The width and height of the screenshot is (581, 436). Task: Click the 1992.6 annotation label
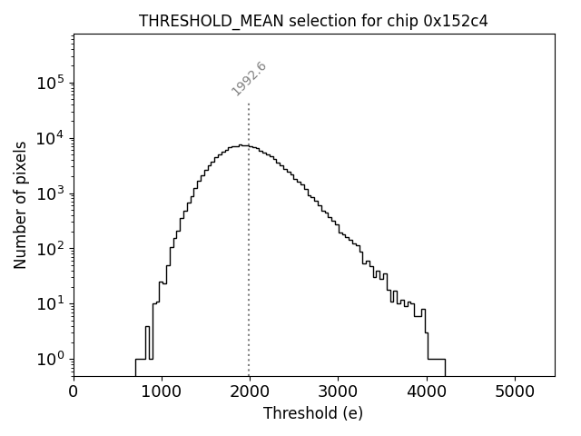click(x=249, y=78)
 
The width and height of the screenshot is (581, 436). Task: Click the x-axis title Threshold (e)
click(x=313, y=413)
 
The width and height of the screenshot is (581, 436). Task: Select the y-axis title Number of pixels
click(x=20, y=205)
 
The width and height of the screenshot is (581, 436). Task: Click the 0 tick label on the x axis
click(x=74, y=391)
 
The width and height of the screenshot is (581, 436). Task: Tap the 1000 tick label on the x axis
click(x=162, y=391)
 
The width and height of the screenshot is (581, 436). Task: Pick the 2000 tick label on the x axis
click(x=250, y=391)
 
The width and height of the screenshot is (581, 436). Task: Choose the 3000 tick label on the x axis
click(x=338, y=391)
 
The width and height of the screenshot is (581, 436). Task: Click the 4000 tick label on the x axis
click(x=427, y=391)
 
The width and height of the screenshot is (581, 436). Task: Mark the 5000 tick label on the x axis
click(x=515, y=391)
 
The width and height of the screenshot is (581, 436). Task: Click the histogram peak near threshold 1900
click(x=241, y=145)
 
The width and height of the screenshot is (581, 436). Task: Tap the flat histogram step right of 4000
click(x=436, y=359)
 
